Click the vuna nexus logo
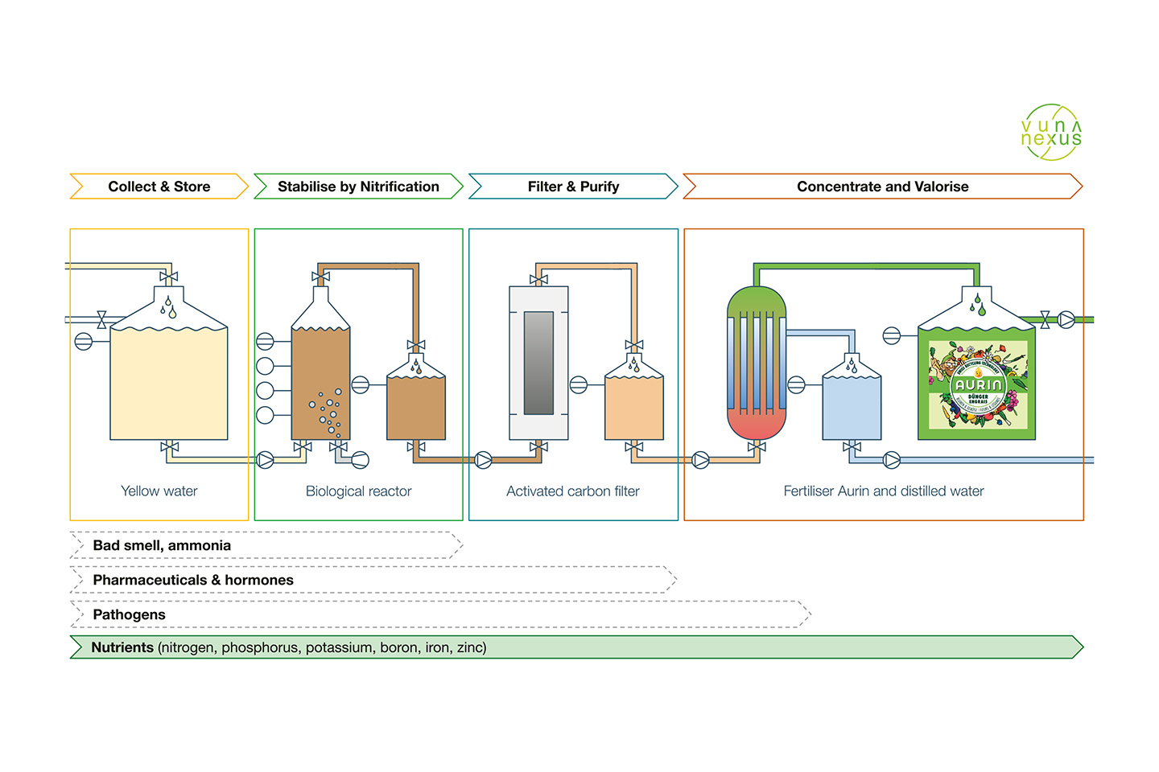tap(1051, 133)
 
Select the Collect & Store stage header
tap(159, 187)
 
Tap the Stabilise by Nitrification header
tap(358, 187)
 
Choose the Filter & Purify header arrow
tap(573, 187)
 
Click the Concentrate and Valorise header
tap(882, 187)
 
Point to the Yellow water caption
tap(159, 491)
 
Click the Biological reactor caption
tap(358, 491)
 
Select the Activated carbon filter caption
tap(572, 491)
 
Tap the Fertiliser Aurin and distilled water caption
tap(884, 491)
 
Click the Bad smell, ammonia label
tap(162, 545)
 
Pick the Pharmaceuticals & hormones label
tap(193, 580)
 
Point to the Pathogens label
tap(129, 614)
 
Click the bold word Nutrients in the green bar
tap(122, 647)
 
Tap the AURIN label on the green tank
tap(977, 386)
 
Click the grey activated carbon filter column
tap(538, 363)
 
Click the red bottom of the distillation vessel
tap(756, 424)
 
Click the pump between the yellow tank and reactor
tap(265, 460)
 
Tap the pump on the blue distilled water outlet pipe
tap(892, 460)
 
